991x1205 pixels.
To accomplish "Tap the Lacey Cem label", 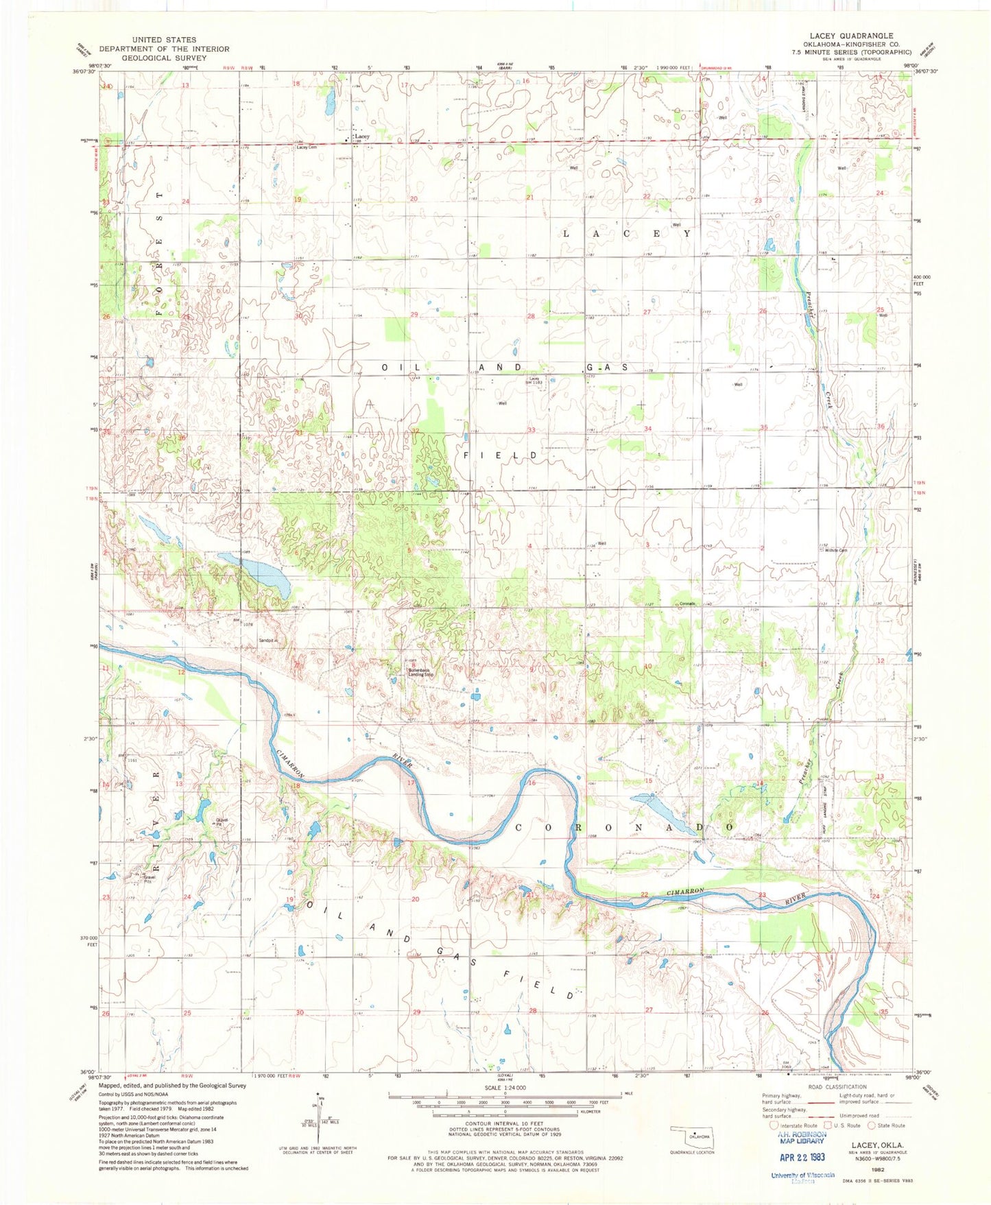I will pyautogui.click(x=307, y=147).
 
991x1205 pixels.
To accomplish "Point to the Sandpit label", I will pyautogui.click(x=267, y=641).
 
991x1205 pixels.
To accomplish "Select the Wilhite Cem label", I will pyautogui.click(x=836, y=550).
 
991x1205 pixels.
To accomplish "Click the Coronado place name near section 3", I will pyautogui.click(x=687, y=604).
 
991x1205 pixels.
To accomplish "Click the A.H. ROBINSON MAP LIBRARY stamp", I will pyautogui.click(x=800, y=1137).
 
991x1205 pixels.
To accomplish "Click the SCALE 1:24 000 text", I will pyautogui.click(x=505, y=1088).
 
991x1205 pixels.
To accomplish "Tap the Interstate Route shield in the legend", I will pyautogui.click(x=774, y=1125).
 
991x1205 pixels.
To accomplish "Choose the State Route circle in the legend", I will pyautogui.click(x=872, y=1125).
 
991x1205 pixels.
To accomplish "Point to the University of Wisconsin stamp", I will pyautogui.click(x=802, y=1177).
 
